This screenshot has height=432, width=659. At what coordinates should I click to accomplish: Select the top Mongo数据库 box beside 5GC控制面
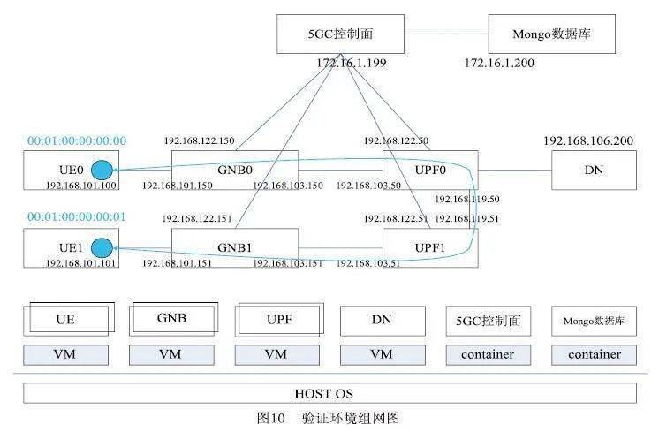click(551, 34)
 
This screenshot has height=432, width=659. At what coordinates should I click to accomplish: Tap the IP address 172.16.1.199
click(352, 64)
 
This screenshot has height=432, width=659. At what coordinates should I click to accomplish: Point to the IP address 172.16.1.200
click(499, 64)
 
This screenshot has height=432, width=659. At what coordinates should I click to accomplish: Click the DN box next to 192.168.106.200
click(594, 170)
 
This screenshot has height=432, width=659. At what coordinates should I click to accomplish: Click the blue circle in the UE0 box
click(102, 170)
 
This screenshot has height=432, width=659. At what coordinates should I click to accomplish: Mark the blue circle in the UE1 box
click(102, 247)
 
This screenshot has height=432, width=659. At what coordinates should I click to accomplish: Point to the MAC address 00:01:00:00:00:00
click(77, 140)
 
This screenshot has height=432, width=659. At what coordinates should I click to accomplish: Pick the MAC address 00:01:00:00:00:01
click(77, 216)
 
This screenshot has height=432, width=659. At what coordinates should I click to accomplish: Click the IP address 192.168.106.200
click(588, 140)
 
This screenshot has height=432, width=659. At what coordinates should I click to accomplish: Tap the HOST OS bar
click(329, 393)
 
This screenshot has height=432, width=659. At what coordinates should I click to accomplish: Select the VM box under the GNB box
click(172, 355)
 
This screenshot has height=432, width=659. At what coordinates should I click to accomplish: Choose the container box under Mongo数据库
click(594, 355)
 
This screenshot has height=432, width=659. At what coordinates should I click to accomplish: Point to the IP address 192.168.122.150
click(199, 140)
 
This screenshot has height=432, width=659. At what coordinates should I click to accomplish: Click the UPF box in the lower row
click(277, 319)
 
